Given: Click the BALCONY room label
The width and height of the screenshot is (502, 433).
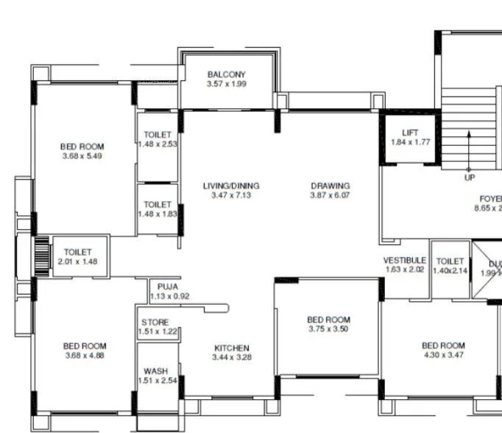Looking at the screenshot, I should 226,74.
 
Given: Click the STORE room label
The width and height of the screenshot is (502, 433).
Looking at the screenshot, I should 155,323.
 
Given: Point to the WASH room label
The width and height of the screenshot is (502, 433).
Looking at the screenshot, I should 155,371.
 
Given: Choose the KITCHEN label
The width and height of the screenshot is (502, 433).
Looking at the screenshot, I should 231,348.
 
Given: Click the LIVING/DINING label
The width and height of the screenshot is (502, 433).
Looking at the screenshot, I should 231,186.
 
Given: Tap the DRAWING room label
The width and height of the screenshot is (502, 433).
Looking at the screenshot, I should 330,186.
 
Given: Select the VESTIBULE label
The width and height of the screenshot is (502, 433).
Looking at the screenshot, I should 404,261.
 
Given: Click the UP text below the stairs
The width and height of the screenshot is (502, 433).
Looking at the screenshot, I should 470,178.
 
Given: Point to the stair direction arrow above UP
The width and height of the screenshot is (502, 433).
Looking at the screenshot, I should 470,151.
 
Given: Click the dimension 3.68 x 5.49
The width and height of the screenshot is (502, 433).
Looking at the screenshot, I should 82,156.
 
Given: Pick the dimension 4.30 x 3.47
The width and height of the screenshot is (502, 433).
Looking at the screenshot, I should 443,356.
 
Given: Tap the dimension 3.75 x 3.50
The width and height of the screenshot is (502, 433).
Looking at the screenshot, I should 328,330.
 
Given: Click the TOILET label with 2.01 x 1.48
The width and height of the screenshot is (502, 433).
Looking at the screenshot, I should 78,253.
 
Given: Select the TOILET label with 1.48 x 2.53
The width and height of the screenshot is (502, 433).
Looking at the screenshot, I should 158,135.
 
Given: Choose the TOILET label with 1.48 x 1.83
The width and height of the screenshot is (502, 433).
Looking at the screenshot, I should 158,205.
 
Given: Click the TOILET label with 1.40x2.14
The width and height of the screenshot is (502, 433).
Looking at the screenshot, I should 450,261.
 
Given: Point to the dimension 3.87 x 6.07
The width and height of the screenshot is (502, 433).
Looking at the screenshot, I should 330,196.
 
